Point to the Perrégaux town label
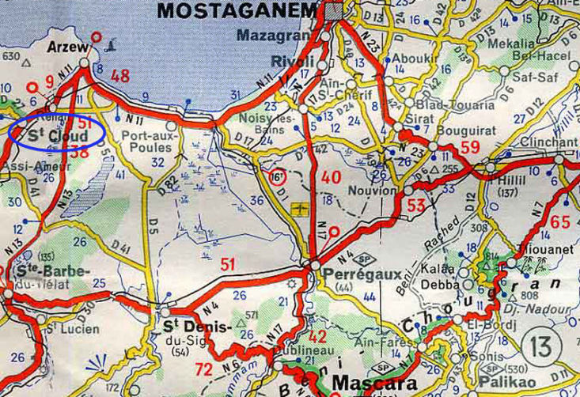pos(355,274)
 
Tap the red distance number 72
pos(204,368)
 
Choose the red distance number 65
pos(559,222)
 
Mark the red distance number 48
pos(120,76)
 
